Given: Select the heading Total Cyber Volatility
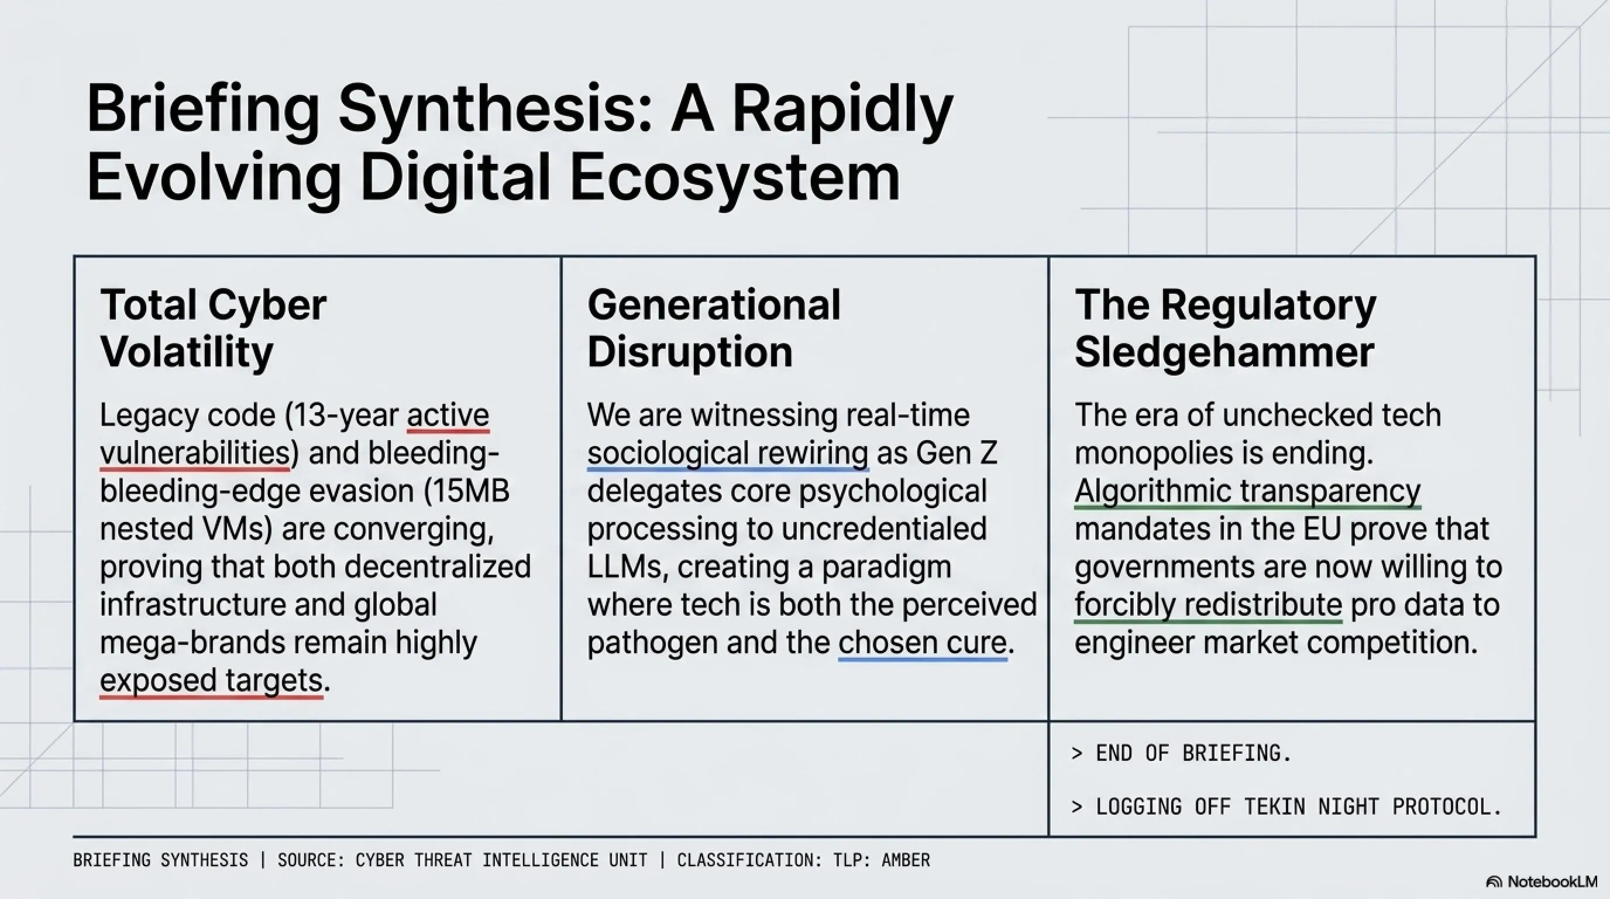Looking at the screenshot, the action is click(213, 328).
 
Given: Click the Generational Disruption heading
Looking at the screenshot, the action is click(714, 328).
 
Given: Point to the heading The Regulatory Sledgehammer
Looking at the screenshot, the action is click(1225, 328).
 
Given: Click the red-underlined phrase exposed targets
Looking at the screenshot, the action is click(211, 680).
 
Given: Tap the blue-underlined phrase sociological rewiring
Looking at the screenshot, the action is click(728, 453).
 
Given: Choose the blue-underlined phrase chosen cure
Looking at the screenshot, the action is click(923, 643).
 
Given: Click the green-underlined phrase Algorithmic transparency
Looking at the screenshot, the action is click(1247, 492).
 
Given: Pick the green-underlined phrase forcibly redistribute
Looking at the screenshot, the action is click(1208, 605).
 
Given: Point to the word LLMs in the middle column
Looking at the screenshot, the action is click(624, 567).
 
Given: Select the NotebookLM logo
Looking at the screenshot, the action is click(1541, 881).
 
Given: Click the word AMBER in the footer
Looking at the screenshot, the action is click(906, 860).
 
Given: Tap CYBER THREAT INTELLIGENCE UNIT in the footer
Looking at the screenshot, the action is click(501, 860).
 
